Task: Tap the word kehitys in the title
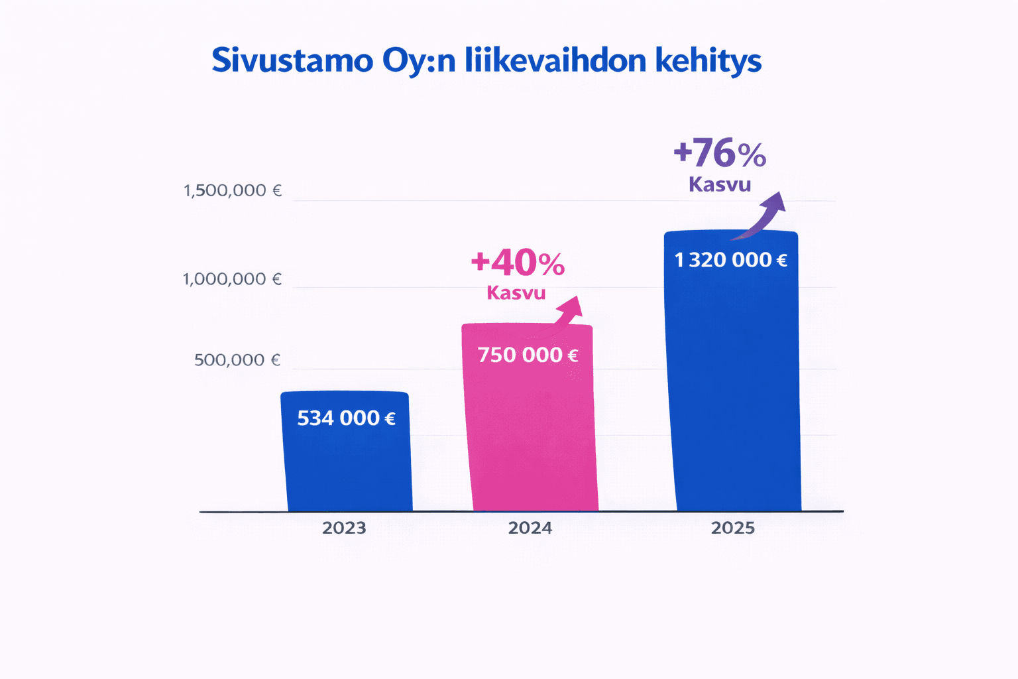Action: [708, 62]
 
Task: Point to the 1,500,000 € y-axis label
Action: [233, 191]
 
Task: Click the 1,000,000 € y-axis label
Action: [232, 279]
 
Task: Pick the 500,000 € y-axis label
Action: [237, 360]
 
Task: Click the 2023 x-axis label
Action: [344, 528]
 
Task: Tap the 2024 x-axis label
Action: [530, 528]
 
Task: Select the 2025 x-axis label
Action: [732, 528]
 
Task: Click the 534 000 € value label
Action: [346, 418]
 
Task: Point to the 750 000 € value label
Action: [528, 355]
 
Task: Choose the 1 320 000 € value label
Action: [730, 260]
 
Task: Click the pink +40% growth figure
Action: [518, 263]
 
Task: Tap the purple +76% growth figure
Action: [720, 154]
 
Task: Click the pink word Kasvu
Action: [516, 292]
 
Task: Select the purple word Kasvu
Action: [720, 184]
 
